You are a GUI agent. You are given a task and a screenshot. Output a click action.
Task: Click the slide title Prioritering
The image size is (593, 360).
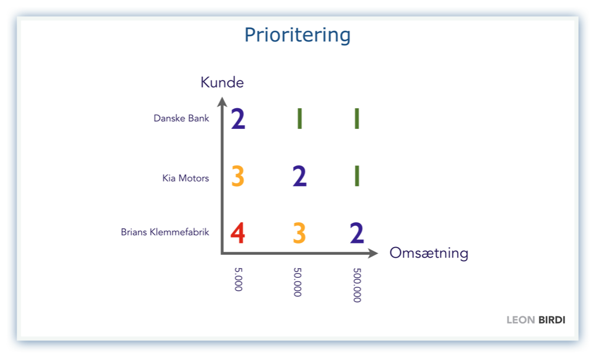(x=297, y=35)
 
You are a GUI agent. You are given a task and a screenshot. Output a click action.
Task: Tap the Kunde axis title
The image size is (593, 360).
(x=222, y=82)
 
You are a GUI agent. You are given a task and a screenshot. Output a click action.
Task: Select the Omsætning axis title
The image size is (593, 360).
(x=429, y=253)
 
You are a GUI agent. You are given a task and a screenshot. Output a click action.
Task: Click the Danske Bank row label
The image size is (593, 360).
(x=181, y=118)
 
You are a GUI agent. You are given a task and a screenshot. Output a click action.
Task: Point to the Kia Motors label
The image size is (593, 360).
(x=185, y=178)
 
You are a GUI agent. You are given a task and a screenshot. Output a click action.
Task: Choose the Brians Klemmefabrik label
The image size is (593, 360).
(x=165, y=232)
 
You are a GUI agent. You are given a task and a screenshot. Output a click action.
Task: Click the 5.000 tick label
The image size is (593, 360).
(x=238, y=280)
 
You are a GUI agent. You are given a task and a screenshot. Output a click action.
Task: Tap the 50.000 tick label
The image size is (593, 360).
(x=298, y=282)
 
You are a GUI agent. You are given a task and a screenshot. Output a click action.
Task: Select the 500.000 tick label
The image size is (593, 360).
(x=357, y=285)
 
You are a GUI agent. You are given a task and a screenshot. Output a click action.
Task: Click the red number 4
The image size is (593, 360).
(x=238, y=233)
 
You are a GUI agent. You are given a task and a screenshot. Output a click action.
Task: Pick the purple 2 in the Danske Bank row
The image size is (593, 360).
(x=238, y=118)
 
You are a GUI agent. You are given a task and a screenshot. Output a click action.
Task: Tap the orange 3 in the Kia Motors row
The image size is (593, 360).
(x=238, y=176)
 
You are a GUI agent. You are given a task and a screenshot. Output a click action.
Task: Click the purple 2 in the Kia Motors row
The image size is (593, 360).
(x=299, y=176)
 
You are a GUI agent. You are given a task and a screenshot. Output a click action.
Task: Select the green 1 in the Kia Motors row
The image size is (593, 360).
(x=357, y=176)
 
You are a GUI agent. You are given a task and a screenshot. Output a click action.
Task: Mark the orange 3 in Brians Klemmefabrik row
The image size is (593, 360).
(x=299, y=233)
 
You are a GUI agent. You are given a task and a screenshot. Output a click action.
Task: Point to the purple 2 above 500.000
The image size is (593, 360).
(x=357, y=233)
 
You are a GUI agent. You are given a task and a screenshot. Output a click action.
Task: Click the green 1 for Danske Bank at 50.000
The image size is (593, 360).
(x=299, y=118)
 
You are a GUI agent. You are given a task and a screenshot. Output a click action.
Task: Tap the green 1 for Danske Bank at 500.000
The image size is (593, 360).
(x=357, y=118)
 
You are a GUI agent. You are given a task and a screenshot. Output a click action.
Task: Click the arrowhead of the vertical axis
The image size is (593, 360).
(x=222, y=102)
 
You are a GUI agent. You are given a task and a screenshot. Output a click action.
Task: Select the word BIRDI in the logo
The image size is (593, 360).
(x=552, y=320)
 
